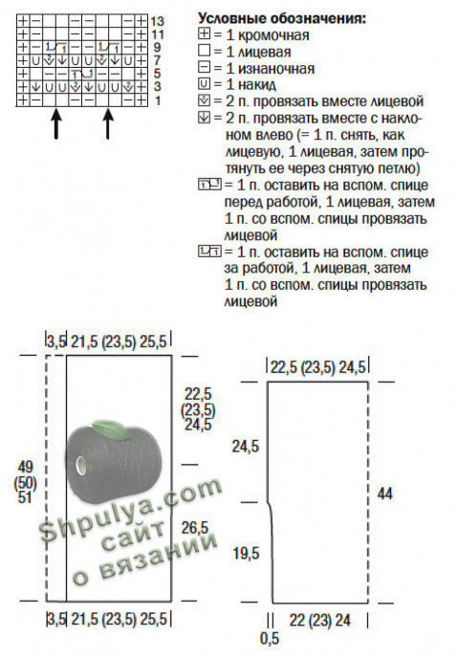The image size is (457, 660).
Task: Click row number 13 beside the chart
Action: [158, 21]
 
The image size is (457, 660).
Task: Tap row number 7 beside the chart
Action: [157, 60]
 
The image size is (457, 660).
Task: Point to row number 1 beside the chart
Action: [158, 101]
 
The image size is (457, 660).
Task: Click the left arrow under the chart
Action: [56, 124]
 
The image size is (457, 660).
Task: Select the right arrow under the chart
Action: [108, 124]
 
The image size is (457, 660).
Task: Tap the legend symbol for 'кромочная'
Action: [204, 34]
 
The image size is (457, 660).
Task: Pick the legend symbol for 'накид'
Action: [204, 84]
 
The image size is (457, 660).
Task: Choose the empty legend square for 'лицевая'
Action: [204, 51]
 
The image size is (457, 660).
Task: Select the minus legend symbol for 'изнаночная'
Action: [204, 67]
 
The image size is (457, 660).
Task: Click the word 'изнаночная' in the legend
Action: [276, 69]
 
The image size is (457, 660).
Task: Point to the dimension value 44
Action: [385, 494]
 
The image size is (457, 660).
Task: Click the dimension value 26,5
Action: [195, 527]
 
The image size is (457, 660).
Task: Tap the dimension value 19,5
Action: [246, 553]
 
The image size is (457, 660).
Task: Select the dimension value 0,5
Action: [270, 639]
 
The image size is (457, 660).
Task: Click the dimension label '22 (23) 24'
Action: [320, 620]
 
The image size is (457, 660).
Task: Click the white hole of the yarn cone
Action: [81, 465]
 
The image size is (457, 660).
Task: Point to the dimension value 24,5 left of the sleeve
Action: [246, 446]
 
